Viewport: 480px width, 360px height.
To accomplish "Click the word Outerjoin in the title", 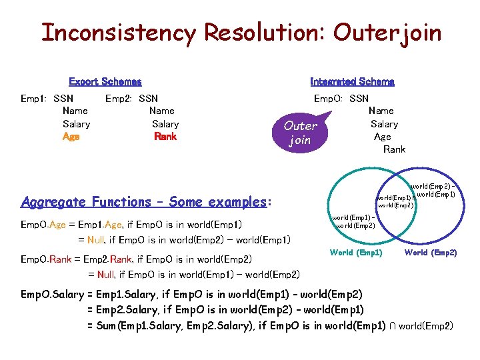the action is pos(387,32).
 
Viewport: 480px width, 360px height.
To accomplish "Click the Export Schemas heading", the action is pos(105,82).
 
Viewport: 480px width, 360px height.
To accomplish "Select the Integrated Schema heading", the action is pos(352,82).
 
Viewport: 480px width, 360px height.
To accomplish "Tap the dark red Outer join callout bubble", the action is pos(301,133).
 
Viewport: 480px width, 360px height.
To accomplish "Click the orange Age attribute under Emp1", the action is pos(71,136).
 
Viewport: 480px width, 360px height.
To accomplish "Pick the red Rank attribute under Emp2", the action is pos(165,136).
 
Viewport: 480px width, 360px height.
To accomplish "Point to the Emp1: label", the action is pos(33,98).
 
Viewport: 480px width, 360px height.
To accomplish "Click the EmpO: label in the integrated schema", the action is pos(329,98).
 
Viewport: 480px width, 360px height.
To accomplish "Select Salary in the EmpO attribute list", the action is pos(384,123).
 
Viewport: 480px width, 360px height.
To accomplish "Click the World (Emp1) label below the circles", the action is pos(356,253).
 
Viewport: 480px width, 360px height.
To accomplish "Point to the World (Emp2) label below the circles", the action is pos(431,253).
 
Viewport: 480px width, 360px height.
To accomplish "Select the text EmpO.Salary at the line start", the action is pos(53,294).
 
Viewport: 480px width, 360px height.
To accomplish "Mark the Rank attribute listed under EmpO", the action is pos(394,149).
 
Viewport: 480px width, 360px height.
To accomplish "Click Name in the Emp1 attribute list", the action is pos(75,111).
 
